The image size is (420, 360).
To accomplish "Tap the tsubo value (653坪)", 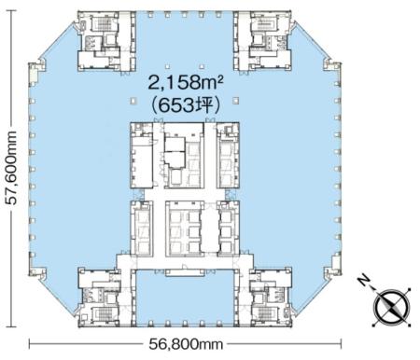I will [x=184, y=107].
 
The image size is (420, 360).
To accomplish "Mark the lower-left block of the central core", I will [x=142, y=229].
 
